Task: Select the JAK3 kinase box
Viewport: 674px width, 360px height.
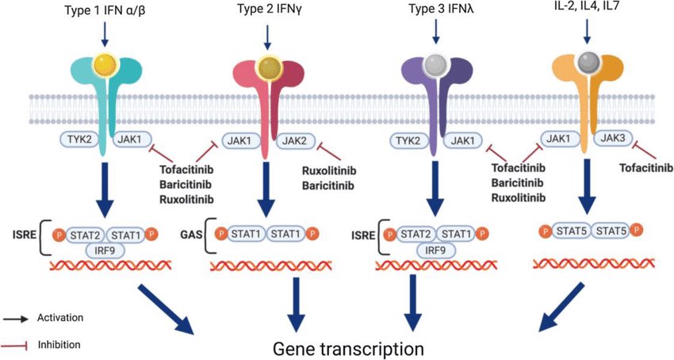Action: coord(615,139)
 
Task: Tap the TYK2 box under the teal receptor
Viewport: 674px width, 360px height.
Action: coord(80,139)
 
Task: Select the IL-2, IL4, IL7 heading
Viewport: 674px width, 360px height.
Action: coord(586,10)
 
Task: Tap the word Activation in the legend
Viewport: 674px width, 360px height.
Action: coord(59,317)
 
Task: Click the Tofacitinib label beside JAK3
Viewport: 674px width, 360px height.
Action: coord(643,167)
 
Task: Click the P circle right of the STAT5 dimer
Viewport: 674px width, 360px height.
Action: coord(636,231)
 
